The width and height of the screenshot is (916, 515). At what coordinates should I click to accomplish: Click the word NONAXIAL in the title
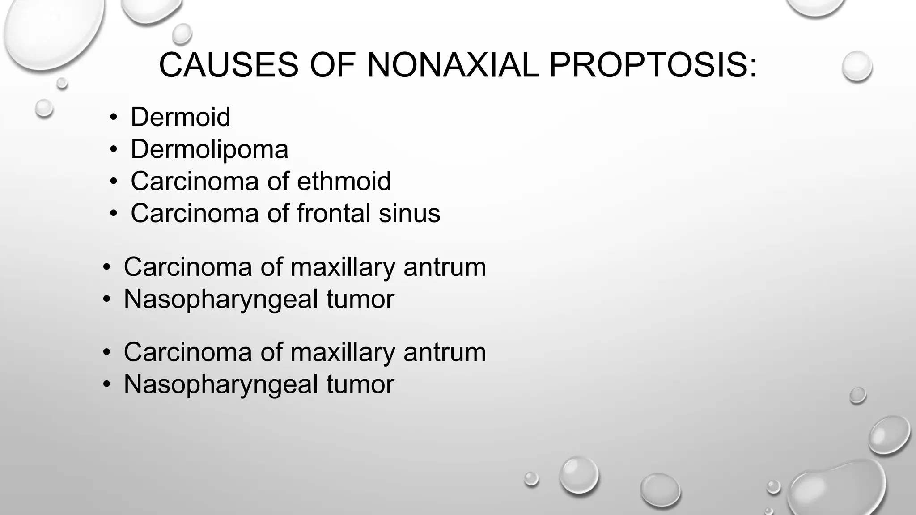tap(453, 65)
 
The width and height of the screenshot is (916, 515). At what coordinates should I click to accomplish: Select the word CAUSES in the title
tap(229, 65)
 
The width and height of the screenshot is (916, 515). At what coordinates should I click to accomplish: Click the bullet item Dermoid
tap(180, 117)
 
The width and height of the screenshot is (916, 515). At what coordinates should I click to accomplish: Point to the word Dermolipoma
tap(209, 149)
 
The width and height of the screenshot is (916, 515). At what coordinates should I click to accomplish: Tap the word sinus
tap(409, 213)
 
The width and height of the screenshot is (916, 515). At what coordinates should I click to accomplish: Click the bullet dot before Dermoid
tap(114, 118)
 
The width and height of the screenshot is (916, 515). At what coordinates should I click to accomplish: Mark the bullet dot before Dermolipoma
tap(114, 150)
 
